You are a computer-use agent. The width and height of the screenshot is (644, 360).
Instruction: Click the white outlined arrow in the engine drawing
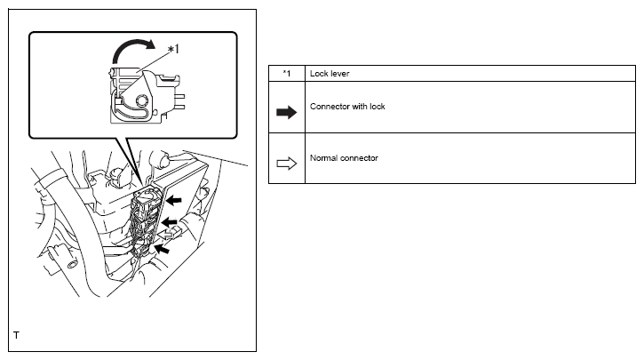(174, 233)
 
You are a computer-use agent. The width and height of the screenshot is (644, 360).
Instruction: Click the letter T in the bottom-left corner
(16, 336)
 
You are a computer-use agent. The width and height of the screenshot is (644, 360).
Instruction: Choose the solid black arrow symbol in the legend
(286, 114)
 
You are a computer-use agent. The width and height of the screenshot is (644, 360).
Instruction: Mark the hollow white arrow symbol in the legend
(286, 165)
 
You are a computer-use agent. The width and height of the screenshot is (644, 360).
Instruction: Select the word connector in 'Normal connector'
(360, 158)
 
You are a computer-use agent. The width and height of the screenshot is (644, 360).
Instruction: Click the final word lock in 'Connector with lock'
(377, 107)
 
